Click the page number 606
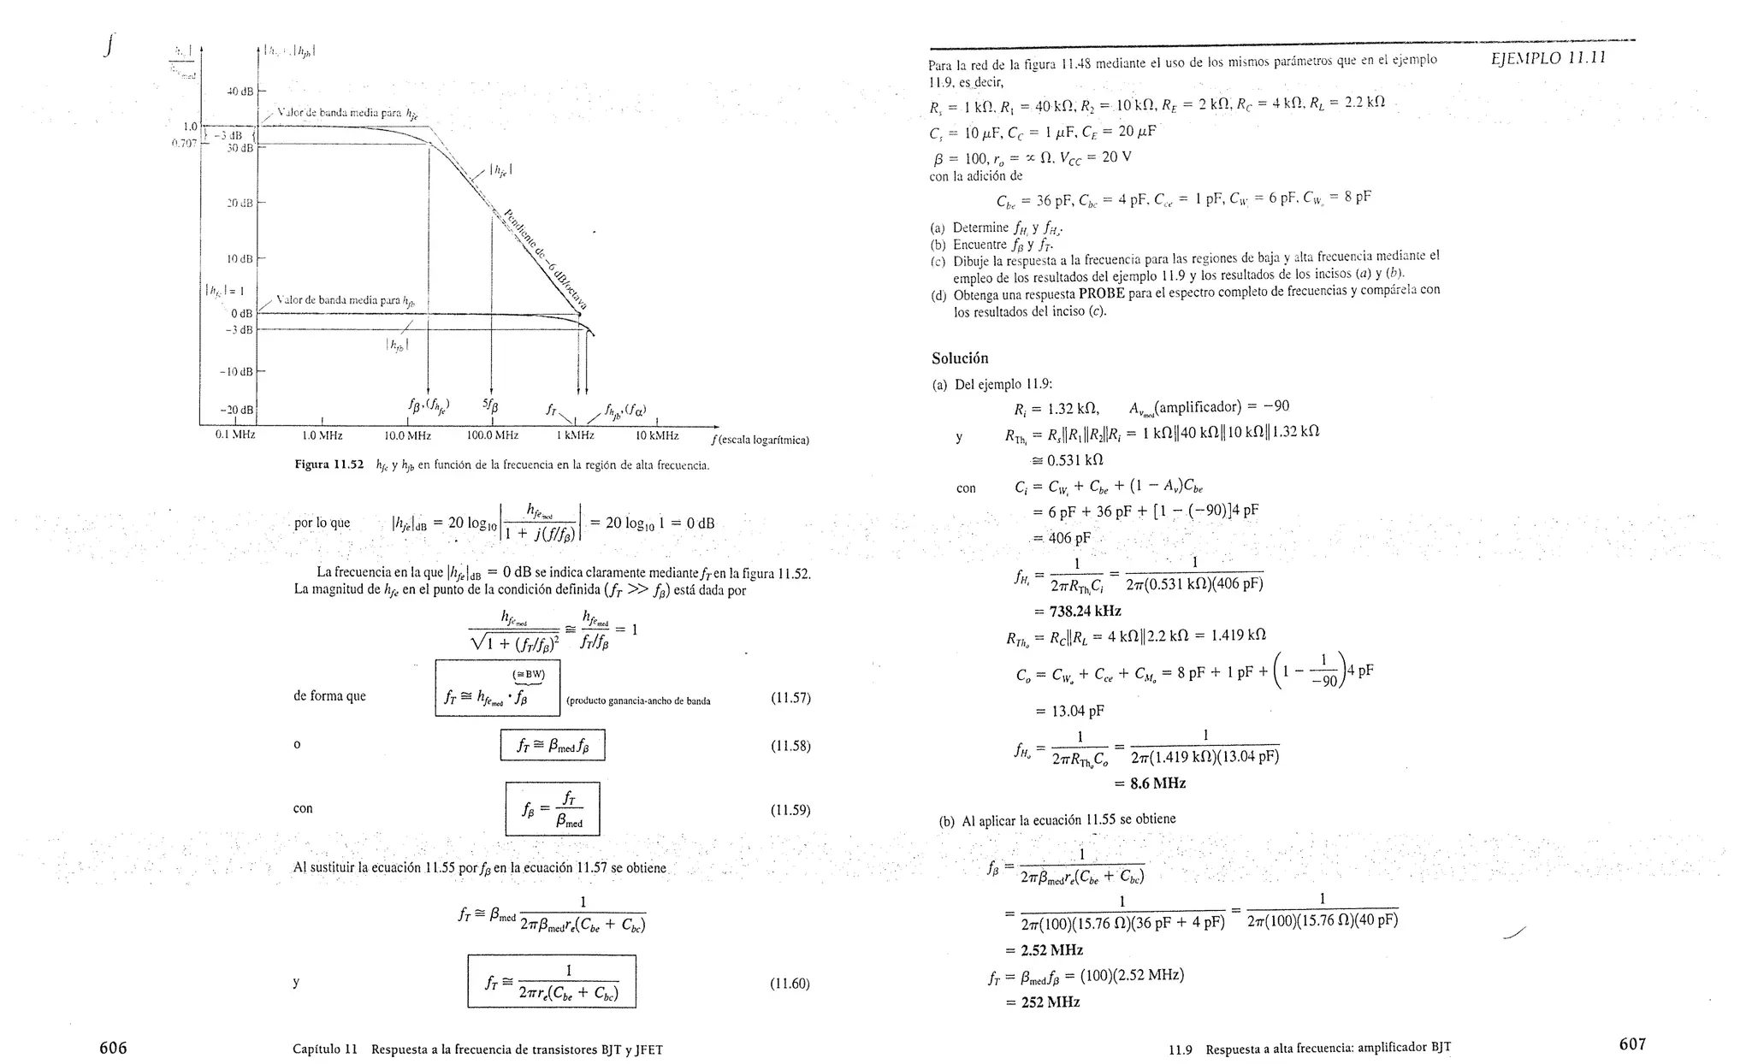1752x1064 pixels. point(113,1047)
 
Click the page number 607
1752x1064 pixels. point(1632,1043)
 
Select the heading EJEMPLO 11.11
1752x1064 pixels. point(1548,58)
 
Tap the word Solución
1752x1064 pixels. point(960,358)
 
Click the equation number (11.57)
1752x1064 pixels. point(790,698)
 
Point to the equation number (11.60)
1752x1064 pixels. point(790,984)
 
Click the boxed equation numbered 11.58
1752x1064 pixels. point(552,745)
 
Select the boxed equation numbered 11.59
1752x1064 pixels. point(552,808)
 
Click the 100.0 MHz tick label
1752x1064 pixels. point(492,435)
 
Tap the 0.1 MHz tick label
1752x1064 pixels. point(234,434)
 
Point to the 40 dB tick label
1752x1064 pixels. point(240,91)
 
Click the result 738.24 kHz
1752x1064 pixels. point(1077,611)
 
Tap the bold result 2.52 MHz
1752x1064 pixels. point(1051,949)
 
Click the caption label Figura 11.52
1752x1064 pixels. point(329,465)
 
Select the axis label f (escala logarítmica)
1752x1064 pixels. point(760,440)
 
